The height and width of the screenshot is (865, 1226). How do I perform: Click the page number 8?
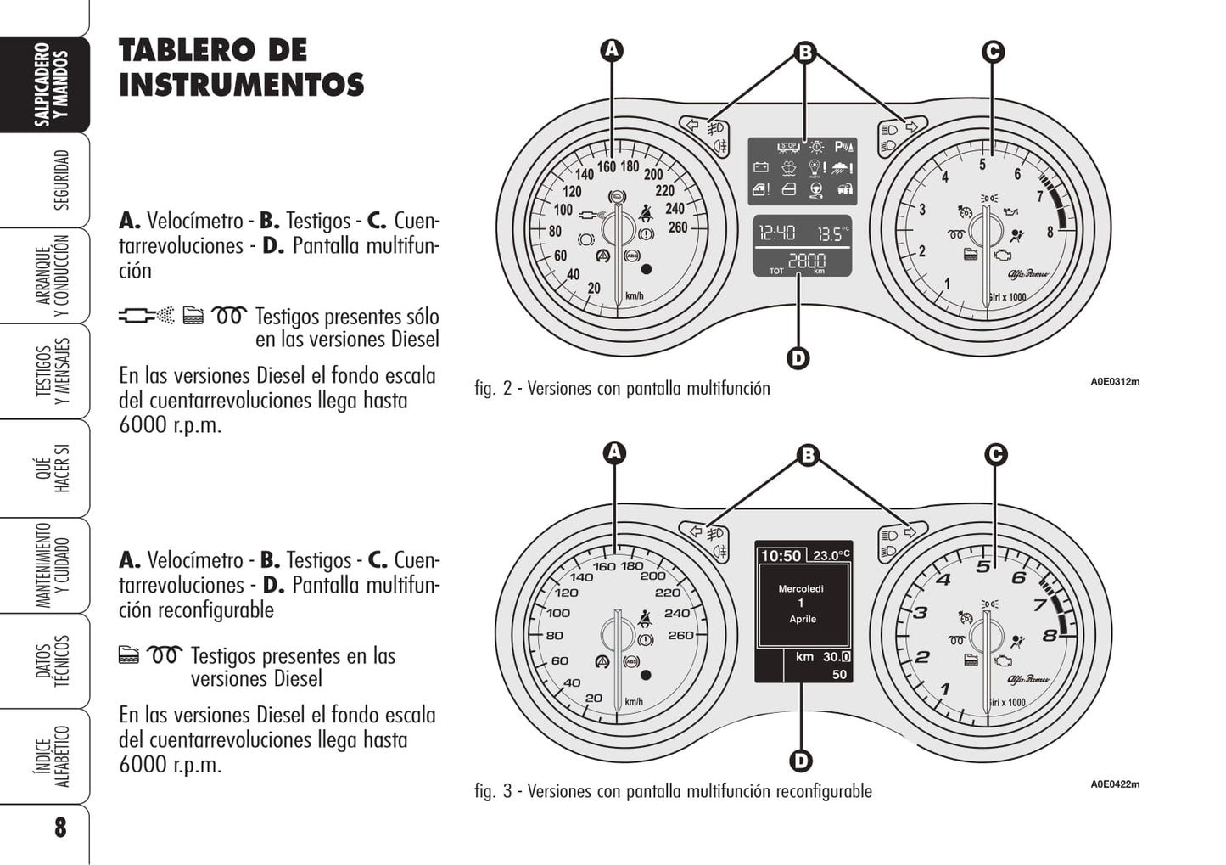coord(60,827)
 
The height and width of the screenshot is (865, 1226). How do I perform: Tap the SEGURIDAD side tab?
coord(60,180)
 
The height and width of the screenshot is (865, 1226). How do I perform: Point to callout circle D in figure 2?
coord(798,358)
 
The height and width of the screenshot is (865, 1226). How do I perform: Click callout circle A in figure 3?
coord(614,452)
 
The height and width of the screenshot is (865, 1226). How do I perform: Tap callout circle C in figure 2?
coord(993,52)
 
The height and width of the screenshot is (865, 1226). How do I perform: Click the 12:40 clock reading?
coord(776,233)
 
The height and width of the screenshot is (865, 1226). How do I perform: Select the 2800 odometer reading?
coord(807,261)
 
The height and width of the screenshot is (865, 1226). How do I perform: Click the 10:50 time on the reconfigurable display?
coord(781,556)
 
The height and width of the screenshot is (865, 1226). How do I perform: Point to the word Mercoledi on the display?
coord(801,589)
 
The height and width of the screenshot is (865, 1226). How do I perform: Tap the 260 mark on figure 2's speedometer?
coord(678,227)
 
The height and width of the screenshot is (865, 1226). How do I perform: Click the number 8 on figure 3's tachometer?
coord(1050,636)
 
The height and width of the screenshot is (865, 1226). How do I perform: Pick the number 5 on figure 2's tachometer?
coord(982,164)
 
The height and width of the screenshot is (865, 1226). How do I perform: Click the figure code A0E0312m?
coord(1115,382)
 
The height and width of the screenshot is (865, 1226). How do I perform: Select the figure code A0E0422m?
coord(1115,784)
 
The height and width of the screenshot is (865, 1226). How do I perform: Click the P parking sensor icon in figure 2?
coord(844,146)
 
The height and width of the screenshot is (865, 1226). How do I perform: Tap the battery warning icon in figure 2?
coord(761,167)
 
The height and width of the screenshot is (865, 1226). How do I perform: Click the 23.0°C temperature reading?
coord(831,555)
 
